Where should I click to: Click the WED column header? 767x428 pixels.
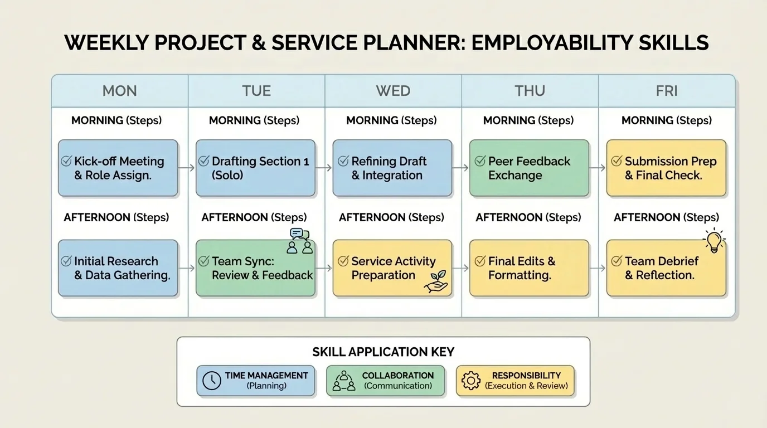(x=393, y=91)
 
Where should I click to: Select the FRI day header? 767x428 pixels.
(x=667, y=91)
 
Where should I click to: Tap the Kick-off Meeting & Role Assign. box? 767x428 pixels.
(x=118, y=168)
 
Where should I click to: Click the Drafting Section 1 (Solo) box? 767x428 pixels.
(x=255, y=168)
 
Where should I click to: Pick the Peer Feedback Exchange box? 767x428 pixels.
(x=529, y=168)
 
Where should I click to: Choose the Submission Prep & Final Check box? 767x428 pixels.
(x=666, y=168)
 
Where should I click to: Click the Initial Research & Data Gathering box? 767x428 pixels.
(x=118, y=268)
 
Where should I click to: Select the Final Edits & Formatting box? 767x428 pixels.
(x=529, y=268)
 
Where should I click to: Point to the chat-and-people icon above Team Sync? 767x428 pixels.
(x=299, y=241)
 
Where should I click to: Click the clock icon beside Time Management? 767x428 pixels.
(x=212, y=381)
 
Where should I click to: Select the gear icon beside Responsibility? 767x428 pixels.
(x=471, y=381)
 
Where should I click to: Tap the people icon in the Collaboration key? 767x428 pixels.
(x=344, y=381)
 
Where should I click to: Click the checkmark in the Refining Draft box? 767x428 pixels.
(x=343, y=162)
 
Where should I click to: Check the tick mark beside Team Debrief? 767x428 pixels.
(x=616, y=261)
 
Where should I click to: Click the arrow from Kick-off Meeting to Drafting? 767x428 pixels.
(x=187, y=168)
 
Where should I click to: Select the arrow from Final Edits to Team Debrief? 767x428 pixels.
(x=598, y=268)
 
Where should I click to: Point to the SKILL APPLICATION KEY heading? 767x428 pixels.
(x=383, y=352)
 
